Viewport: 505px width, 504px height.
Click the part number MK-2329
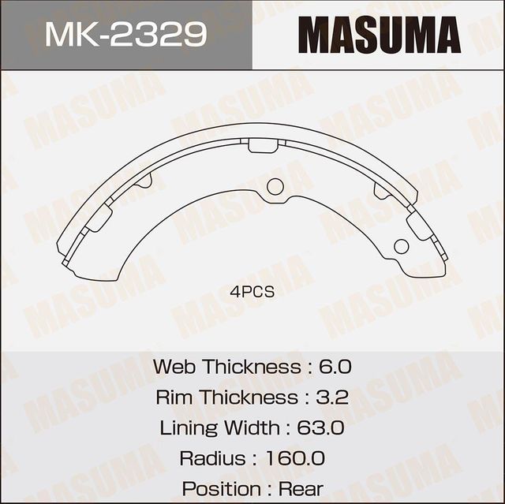[x=125, y=34]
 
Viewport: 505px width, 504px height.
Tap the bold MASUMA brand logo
[x=379, y=35]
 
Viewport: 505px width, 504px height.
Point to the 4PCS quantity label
[x=252, y=292]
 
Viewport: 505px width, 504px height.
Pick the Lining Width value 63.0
[x=320, y=427]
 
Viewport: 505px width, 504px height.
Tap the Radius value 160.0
[x=296, y=458]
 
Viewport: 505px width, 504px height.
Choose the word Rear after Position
[x=300, y=488]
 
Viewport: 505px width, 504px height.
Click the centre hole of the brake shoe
[x=275, y=187]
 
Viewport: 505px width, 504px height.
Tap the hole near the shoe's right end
[x=401, y=245]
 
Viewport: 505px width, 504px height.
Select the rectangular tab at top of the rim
[x=263, y=146]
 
